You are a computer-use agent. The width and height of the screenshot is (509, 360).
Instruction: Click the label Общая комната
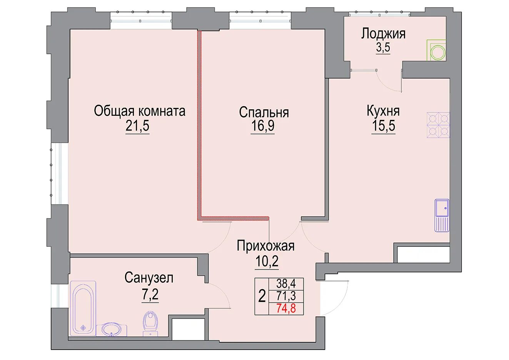tap(140, 111)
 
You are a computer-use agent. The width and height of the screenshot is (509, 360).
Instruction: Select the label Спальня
tap(264, 112)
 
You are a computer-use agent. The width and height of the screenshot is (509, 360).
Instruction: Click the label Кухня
tap(383, 111)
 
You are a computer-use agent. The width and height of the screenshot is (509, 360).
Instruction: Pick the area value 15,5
tap(383, 126)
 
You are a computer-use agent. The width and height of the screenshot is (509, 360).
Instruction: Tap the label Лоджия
tap(383, 34)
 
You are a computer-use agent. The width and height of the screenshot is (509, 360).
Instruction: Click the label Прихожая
tap(265, 246)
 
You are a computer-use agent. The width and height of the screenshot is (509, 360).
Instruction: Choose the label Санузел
tap(149, 277)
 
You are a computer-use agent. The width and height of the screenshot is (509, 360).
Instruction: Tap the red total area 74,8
tap(286, 308)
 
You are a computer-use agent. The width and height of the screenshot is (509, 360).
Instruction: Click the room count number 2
tap(262, 296)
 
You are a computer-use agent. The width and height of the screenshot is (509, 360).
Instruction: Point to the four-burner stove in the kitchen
tap(438, 125)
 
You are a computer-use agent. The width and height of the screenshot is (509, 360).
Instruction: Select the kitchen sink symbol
tap(442, 216)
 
